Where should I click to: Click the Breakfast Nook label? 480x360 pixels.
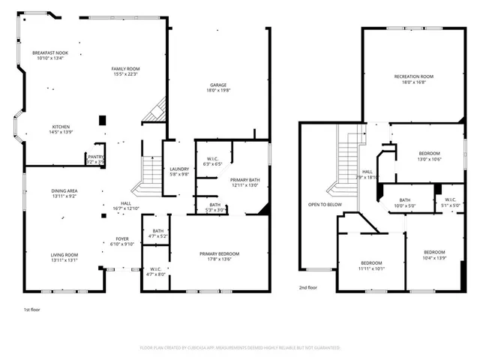click(x=50, y=52)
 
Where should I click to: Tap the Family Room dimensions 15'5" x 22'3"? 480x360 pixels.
click(x=126, y=74)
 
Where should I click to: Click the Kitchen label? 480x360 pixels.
click(x=61, y=127)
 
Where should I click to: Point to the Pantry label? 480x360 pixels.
click(x=95, y=156)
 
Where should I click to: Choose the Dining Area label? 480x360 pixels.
click(x=64, y=191)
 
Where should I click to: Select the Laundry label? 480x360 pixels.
click(x=179, y=169)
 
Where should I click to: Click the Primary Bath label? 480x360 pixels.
click(x=244, y=180)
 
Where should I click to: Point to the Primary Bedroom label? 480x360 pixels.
click(x=218, y=254)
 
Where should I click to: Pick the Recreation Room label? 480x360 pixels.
click(x=414, y=76)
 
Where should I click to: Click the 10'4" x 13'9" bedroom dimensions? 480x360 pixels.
click(x=434, y=257)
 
